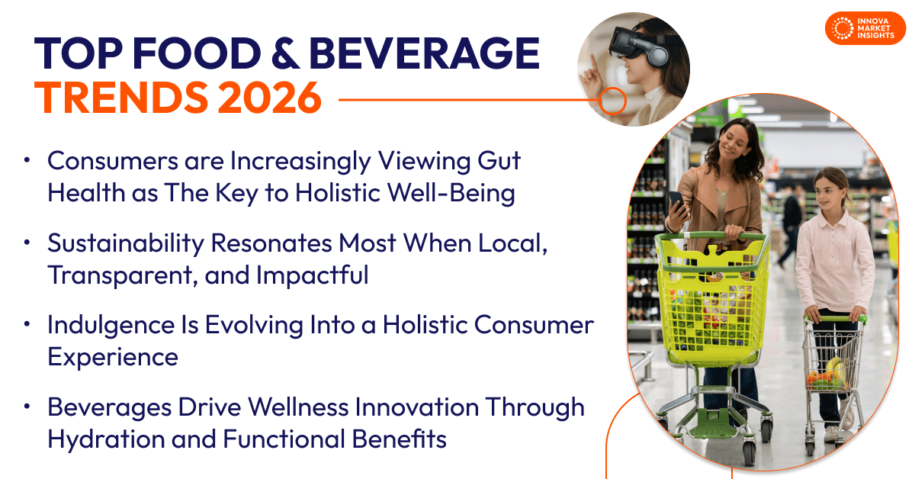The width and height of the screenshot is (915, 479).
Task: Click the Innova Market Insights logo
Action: [x=865, y=28]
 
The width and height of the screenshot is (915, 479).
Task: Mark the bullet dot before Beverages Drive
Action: [x=27, y=407]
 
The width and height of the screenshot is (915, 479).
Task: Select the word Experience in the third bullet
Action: [x=113, y=357]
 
